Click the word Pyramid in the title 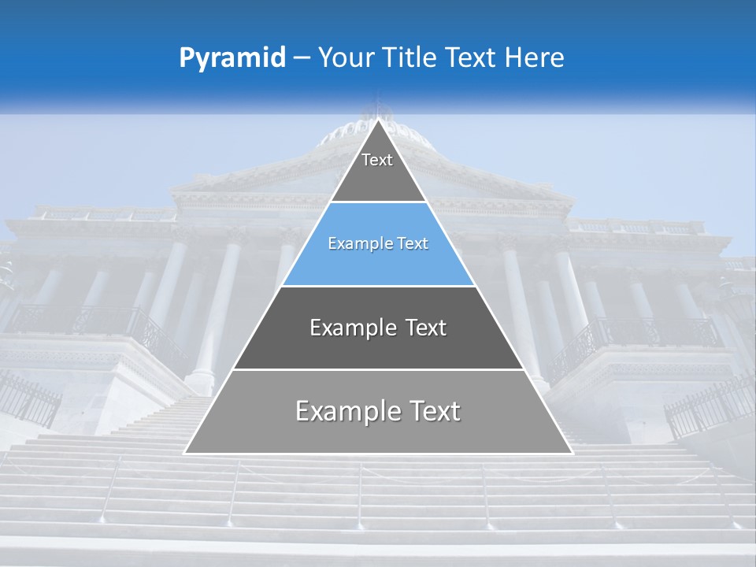[x=232, y=58]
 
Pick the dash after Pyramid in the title [x=302, y=58]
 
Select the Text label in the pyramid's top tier [x=377, y=160]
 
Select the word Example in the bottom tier [x=347, y=411]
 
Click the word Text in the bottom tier [x=433, y=411]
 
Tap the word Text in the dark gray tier [x=425, y=328]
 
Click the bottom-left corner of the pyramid [x=185, y=453]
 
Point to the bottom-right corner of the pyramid [x=572, y=453]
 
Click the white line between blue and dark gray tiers [x=378, y=286]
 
